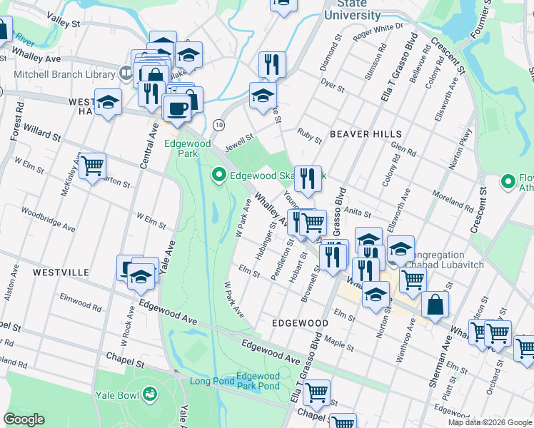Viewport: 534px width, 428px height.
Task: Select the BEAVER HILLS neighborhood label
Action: point(366,134)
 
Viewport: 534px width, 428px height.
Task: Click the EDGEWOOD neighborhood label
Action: point(300,323)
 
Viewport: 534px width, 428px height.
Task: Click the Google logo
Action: point(24,419)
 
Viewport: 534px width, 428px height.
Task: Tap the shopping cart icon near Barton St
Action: point(93,166)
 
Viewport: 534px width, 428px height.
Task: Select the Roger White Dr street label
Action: point(378,32)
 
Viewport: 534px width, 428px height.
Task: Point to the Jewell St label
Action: point(239,143)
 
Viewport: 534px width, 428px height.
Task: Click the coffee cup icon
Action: point(176,108)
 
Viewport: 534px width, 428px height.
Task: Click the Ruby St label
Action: point(310,135)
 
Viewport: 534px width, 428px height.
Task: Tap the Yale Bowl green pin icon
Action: point(151,392)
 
